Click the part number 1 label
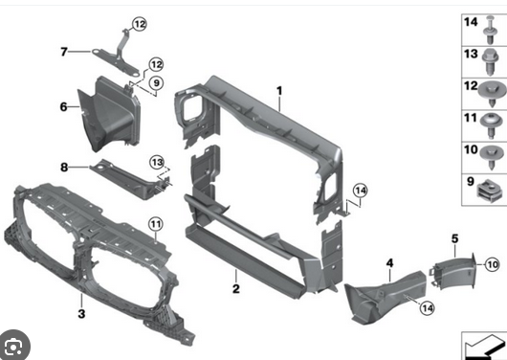click(x=279, y=91)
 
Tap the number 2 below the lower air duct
click(x=236, y=288)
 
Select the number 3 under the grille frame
click(x=82, y=313)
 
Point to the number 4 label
click(x=390, y=263)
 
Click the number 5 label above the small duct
click(x=455, y=239)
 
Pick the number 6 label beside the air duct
click(x=64, y=107)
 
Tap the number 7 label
click(x=64, y=52)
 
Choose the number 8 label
click(x=64, y=168)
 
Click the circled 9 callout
click(x=156, y=83)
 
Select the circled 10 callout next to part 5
click(x=493, y=265)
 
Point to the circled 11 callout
click(x=156, y=224)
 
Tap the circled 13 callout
click(x=157, y=162)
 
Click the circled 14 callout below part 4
click(x=428, y=308)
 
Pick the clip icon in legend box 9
click(x=490, y=191)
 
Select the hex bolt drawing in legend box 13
click(x=490, y=62)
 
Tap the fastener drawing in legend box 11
click(x=492, y=125)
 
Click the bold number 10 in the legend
click(x=471, y=149)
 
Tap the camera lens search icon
click(x=13, y=347)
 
